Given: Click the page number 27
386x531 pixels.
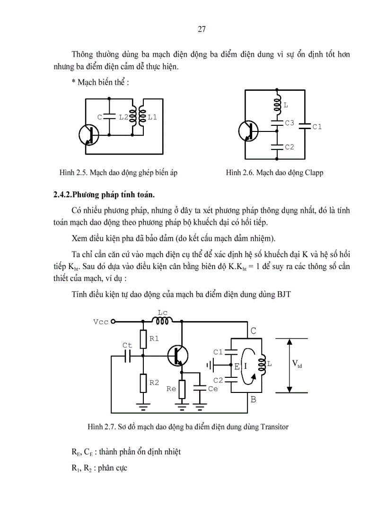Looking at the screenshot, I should [201, 30].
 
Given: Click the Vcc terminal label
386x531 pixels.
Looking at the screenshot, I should [101, 322].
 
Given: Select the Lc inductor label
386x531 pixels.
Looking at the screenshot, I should [162, 313].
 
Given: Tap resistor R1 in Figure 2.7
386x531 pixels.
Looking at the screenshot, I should [143, 339].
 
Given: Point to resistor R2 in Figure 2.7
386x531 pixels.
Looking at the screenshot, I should [143, 383].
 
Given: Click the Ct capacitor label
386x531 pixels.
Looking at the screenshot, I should [127, 346].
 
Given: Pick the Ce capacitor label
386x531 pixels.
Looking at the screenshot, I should [213, 388].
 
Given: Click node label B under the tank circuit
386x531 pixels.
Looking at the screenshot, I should [253, 400].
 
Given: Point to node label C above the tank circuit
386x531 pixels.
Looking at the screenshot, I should [253, 331].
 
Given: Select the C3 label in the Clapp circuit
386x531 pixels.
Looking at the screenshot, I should [289, 123].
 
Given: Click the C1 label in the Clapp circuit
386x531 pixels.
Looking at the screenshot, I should [317, 127].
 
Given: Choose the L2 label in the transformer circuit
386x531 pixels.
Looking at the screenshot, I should [123, 117].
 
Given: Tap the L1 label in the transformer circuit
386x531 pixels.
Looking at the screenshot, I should [152, 117].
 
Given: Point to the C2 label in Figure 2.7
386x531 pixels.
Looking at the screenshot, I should [218, 380].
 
